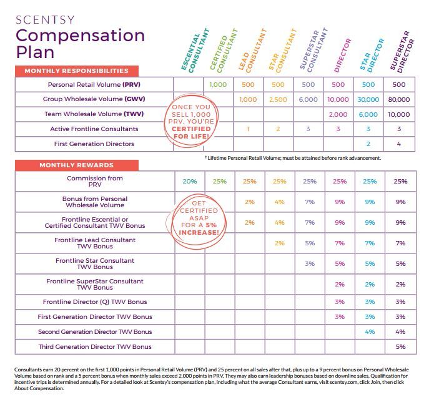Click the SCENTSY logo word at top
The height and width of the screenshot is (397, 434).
pyautogui.click(x=45, y=20)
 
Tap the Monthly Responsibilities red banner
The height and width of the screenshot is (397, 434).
pyautogui.click(x=77, y=71)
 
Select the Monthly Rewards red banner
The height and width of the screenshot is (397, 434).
pyautogui.click(x=77, y=165)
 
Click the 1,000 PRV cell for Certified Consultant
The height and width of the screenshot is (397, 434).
pyautogui.click(x=218, y=85)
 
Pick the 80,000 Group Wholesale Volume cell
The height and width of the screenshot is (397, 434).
pyautogui.click(x=399, y=100)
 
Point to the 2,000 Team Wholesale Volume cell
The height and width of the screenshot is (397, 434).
pyautogui.click(x=338, y=114)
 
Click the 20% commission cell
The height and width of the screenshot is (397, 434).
pyautogui.click(x=190, y=182)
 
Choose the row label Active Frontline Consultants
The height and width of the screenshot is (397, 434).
pyautogui.click(x=94, y=129)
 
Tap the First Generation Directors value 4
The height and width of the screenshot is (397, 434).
pyautogui.click(x=399, y=144)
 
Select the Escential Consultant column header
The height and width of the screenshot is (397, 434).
pyautogui.click(x=195, y=51)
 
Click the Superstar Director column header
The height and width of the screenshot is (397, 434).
pyautogui.click(x=402, y=52)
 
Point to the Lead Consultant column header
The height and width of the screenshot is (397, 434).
pyautogui.click(x=252, y=51)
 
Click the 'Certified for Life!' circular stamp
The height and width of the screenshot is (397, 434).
pyautogui.click(x=191, y=122)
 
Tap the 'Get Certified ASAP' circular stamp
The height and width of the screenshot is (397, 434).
pyautogui.click(x=199, y=218)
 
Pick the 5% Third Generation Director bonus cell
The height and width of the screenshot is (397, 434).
pyautogui.click(x=400, y=346)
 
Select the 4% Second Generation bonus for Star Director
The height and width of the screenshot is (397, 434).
pyautogui.click(x=370, y=331)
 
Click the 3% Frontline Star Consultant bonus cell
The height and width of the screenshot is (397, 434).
pyautogui.click(x=310, y=264)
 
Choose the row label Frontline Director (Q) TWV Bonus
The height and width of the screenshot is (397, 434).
pyautogui.click(x=95, y=302)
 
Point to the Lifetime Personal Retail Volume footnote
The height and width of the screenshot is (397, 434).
pyautogui.click(x=293, y=158)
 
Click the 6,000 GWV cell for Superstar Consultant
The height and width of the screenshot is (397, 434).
pyautogui.click(x=308, y=100)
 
